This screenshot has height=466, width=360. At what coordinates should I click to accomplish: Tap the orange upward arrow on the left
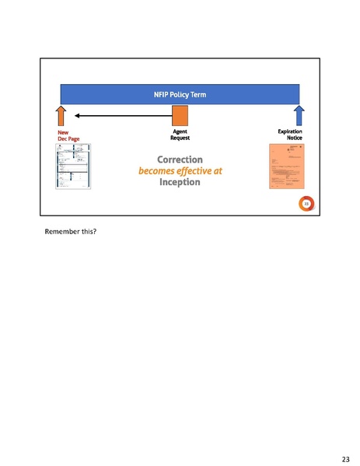62,117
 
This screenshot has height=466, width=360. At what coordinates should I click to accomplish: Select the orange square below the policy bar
180,117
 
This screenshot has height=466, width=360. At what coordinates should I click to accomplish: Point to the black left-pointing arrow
117,117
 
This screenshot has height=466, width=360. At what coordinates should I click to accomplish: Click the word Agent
180,132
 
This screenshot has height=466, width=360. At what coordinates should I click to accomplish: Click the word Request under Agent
180,138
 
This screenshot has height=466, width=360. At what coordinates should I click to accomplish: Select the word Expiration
289,132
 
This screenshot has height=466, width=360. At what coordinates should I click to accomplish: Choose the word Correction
180,159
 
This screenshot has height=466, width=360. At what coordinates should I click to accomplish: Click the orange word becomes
157,171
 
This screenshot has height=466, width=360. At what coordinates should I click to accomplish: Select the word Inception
180,183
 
